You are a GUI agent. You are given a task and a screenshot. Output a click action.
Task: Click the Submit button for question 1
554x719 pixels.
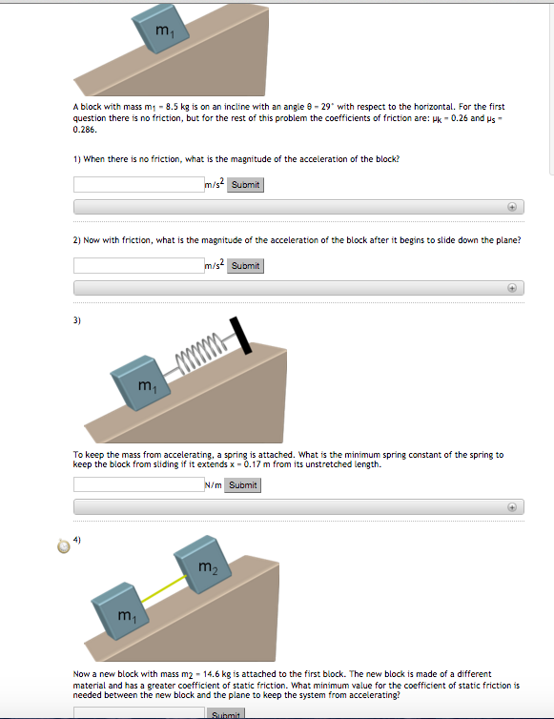[x=245, y=184]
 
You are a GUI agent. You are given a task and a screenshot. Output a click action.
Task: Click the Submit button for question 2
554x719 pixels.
[x=245, y=265]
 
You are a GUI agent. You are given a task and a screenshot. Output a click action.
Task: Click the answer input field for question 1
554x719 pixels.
[x=138, y=184]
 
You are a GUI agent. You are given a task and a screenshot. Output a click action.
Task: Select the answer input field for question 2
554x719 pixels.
[x=138, y=265]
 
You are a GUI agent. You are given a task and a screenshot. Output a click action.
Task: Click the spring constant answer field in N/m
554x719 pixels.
[x=138, y=484]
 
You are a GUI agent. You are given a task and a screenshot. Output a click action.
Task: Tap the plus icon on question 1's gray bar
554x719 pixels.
[x=512, y=206]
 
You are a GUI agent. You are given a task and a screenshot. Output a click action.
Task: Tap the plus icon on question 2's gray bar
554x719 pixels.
[x=512, y=287]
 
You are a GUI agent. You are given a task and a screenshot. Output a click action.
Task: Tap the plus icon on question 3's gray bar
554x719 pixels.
[x=512, y=506]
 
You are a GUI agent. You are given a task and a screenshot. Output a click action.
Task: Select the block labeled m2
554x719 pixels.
[x=203, y=567]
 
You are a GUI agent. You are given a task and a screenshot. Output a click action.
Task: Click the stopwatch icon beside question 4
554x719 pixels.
[x=64, y=545]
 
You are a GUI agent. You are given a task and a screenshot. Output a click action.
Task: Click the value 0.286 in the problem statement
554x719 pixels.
[x=86, y=134]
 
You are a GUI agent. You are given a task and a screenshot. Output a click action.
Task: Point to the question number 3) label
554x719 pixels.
[x=77, y=320]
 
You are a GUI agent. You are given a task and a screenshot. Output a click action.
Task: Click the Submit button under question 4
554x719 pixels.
[x=226, y=713]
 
